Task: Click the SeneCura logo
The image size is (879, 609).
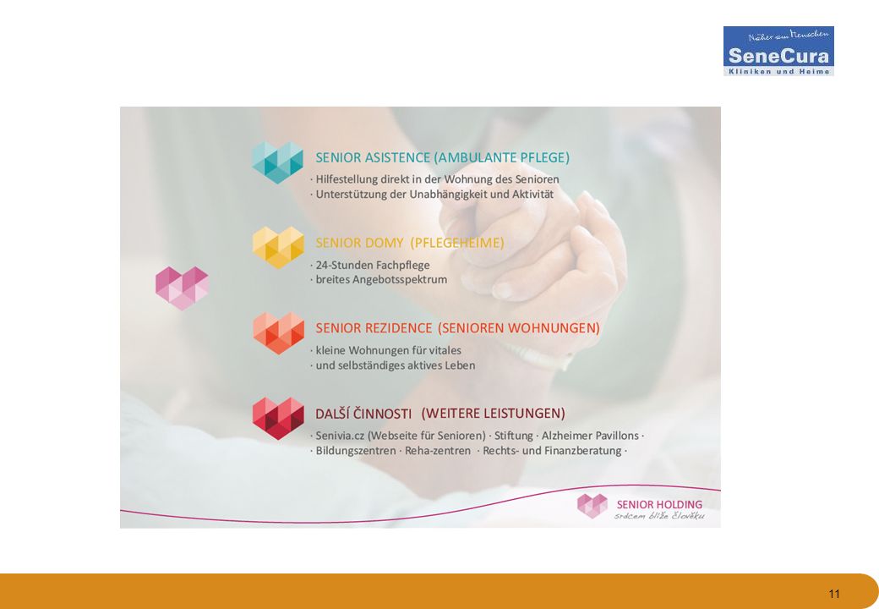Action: [x=778, y=51]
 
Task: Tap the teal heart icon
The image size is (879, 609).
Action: [x=277, y=162]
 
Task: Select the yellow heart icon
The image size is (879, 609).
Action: [x=278, y=247]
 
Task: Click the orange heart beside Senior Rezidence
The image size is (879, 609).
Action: [x=279, y=333]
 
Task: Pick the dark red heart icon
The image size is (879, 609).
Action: [x=279, y=419]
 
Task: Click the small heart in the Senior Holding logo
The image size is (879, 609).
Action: [x=592, y=506]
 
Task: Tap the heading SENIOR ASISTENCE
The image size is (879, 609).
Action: [x=373, y=157]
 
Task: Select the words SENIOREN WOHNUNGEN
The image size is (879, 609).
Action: [x=519, y=328]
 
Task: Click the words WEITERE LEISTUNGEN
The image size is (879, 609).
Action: [x=494, y=414]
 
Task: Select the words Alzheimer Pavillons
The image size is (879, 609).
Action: [x=590, y=436]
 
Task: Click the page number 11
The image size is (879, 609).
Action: [x=834, y=594]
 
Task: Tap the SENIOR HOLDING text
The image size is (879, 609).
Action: [x=659, y=505]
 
